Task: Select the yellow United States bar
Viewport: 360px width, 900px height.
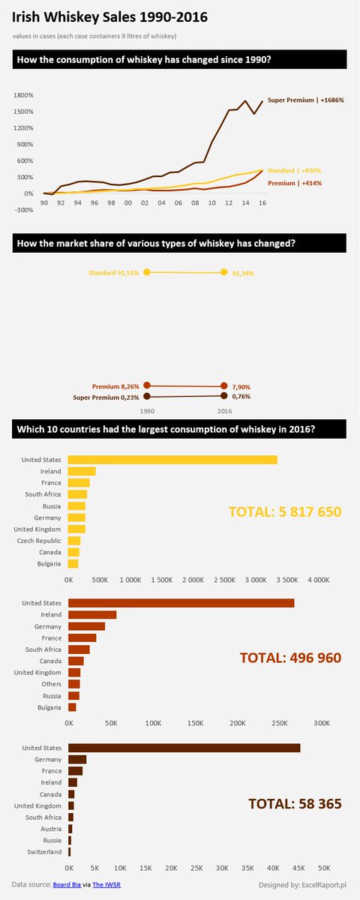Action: coord(172,460)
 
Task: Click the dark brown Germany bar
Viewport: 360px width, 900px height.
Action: coord(77,760)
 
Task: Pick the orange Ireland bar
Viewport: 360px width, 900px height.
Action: coord(92,615)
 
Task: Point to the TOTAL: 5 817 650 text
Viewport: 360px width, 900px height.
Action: coord(284,512)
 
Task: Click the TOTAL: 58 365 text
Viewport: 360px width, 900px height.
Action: coord(295,804)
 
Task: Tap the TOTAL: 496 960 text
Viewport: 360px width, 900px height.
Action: coord(290,658)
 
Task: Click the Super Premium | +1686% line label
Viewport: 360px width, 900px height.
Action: coord(306,100)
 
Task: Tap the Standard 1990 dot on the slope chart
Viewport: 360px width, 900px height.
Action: coord(147,272)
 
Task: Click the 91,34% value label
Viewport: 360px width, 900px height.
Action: coord(243,274)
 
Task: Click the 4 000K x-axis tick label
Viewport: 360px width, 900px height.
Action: coord(317,580)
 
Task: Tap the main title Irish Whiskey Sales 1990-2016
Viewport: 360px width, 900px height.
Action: coord(110,16)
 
